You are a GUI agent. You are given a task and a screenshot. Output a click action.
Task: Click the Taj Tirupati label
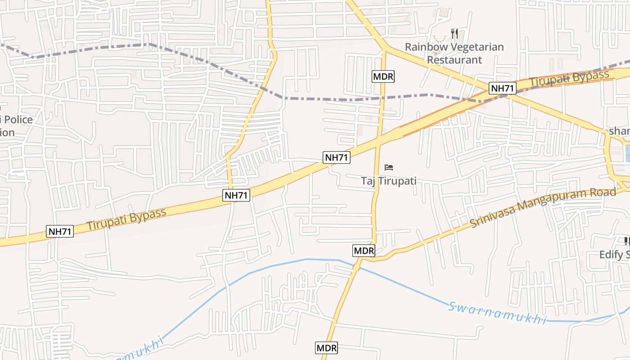(389, 181)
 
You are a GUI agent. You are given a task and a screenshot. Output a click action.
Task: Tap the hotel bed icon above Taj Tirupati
(389, 168)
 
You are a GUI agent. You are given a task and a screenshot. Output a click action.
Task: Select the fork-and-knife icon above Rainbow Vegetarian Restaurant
(454, 34)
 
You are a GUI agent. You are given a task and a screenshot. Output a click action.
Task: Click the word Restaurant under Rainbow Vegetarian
(454, 59)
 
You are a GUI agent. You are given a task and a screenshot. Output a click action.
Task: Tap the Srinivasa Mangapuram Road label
(543, 207)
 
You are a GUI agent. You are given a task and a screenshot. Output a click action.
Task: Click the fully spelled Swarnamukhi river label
(497, 312)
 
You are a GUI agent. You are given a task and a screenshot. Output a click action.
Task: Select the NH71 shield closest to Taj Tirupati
(337, 157)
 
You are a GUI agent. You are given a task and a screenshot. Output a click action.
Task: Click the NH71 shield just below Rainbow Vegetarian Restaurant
(503, 88)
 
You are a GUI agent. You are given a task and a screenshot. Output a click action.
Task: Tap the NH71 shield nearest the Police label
(60, 232)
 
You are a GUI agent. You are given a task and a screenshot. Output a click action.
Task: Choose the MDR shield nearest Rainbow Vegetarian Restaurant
(383, 76)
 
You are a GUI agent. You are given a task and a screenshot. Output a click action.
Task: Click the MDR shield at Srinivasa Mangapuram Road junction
(364, 251)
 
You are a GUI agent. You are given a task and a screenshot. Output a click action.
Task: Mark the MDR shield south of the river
(326, 348)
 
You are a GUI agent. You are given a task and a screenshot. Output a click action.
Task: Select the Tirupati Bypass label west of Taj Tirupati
(126, 219)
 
